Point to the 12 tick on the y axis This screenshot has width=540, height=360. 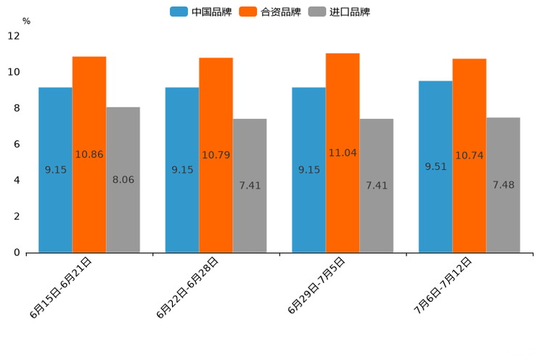(14, 36)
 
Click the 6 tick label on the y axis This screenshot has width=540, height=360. (17, 144)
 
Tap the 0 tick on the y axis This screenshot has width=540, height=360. (17, 253)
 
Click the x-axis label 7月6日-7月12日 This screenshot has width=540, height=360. (443, 285)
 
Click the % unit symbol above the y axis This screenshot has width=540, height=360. (26, 21)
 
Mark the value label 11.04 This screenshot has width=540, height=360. (343, 153)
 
